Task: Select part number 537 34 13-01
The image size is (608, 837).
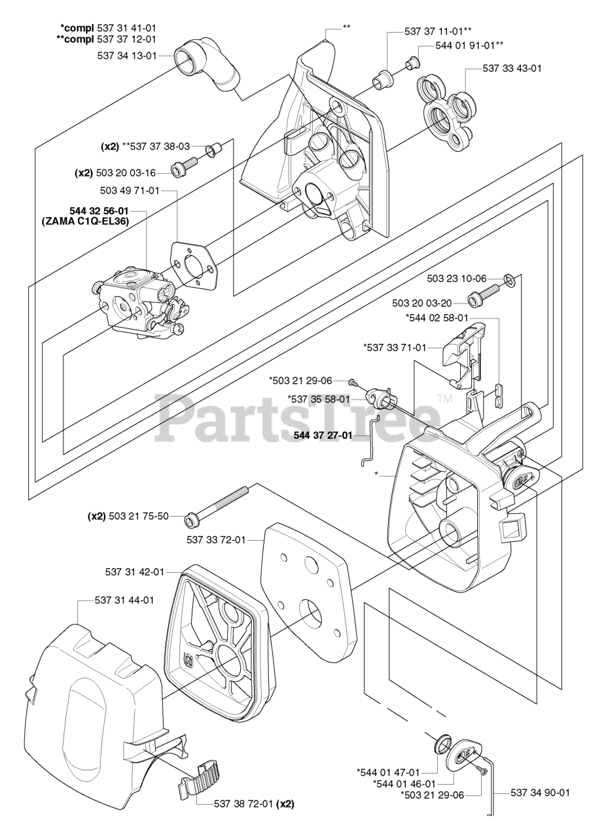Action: tap(127, 56)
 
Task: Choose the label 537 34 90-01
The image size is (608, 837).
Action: tap(540, 793)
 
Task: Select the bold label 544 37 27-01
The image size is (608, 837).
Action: tap(323, 435)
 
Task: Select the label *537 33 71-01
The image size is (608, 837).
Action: tap(394, 347)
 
